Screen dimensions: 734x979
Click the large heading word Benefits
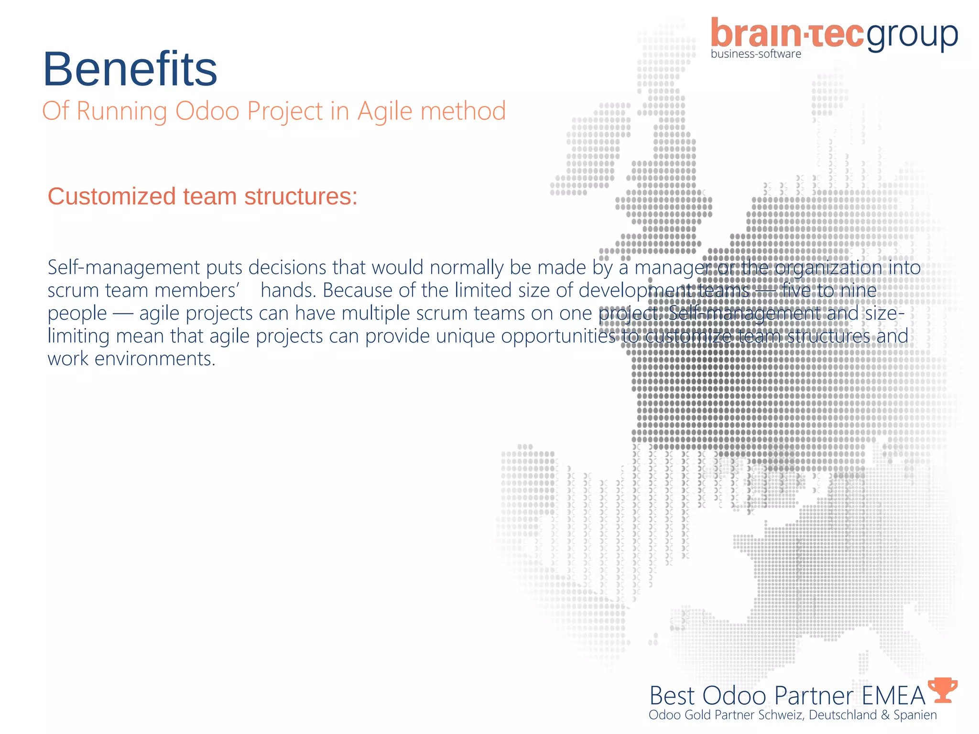coord(130,69)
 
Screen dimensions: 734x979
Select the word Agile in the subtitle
coord(385,112)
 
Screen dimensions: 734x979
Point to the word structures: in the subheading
coord(301,196)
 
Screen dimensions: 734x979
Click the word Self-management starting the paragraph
coord(124,268)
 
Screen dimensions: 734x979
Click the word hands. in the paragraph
coord(289,291)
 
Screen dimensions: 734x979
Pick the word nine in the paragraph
coord(858,291)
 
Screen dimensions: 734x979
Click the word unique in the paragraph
coord(466,336)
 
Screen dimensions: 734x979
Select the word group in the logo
coord(912,36)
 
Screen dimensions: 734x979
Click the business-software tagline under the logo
coord(756,54)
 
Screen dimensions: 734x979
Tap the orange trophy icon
coord(943,690)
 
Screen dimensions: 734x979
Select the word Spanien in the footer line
coord(915,715)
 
